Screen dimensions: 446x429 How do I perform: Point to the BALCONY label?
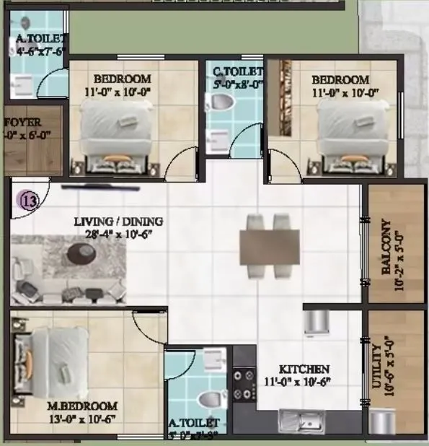(387, 248)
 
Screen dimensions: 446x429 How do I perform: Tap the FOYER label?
(23, 122)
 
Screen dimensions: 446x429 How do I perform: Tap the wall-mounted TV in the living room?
(99, 186)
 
